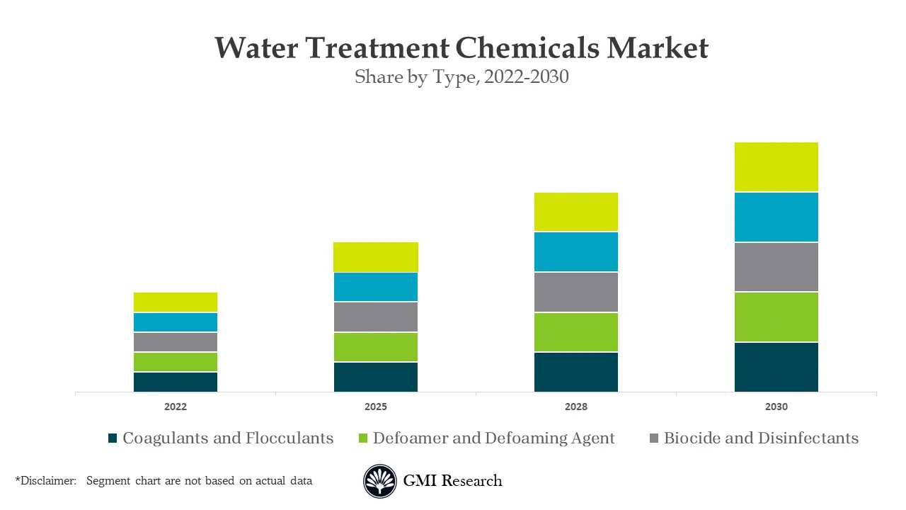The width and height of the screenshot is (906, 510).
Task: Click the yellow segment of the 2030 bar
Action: point(776,167)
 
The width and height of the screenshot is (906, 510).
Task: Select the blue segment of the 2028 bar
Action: point(576,251)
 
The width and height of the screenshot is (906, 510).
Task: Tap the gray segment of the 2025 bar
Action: point(376,317)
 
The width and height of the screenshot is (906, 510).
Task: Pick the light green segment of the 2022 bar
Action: point(176,362)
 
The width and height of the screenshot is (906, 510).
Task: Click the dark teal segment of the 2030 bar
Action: point(776,367)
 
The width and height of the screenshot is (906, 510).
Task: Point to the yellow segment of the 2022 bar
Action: point(176,302)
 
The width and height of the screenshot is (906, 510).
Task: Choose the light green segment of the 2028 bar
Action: point(576,332)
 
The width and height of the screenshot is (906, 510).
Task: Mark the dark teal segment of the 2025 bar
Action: point(376,377)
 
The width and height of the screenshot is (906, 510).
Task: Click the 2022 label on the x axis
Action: point(176,407)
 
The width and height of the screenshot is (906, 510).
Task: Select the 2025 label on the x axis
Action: point(376,407)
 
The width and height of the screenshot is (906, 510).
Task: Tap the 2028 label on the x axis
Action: point(576,407)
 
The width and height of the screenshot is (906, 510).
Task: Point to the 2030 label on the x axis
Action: point(776,407)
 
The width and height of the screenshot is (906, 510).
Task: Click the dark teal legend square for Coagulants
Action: point(112,438)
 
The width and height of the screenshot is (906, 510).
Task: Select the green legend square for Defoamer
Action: point(363,438)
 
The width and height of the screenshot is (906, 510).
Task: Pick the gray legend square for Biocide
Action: point(653,438)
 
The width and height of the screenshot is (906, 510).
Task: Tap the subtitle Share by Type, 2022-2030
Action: point(461,76)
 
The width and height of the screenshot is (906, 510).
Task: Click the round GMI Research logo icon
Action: point(380,482)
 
